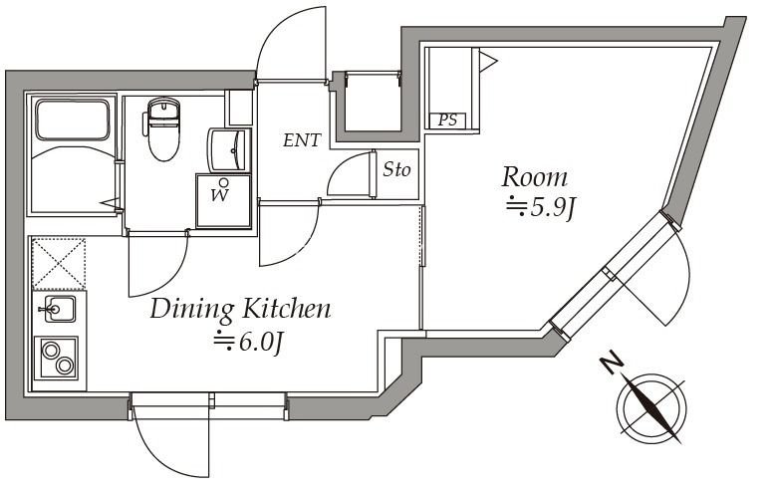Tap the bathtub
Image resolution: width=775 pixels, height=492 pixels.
(x=73, y=121)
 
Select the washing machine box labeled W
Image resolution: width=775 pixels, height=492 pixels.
(x=223, y=200)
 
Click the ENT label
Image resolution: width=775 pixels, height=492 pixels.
(x=302, y=140)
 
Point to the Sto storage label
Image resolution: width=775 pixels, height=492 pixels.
(x=396, y=170)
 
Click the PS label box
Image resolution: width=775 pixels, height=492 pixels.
(x=448, y=121)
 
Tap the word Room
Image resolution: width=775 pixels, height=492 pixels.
(x=534, y=178)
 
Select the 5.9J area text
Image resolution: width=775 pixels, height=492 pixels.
(x=540, y=208)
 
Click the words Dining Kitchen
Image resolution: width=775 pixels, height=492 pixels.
(x=240, y=310)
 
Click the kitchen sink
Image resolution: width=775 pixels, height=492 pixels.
(x=60, y=309)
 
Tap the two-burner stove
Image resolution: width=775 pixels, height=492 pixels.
(x=57, y=359)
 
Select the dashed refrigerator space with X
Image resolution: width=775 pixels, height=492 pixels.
(x=59, y=263)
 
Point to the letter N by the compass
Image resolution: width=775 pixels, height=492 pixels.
(x=613, y=364)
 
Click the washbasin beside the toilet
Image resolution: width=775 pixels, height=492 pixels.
(x=229, y=150)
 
